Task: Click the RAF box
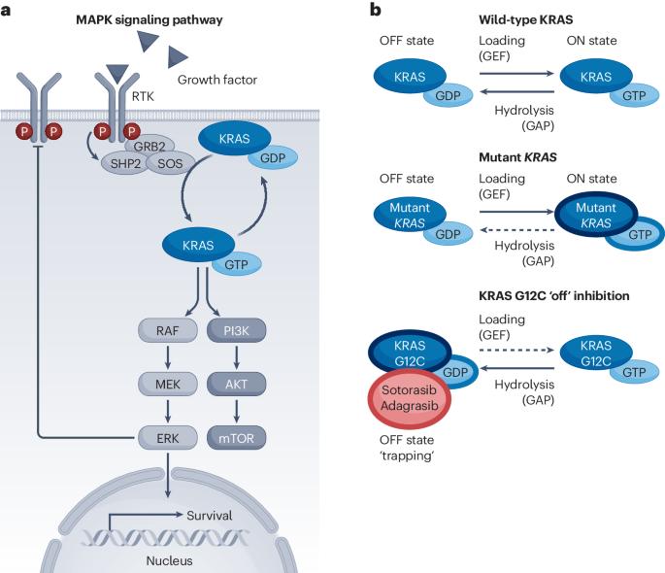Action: click(168, 330)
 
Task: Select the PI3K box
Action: click(236, 330)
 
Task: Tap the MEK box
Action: click(168, 385)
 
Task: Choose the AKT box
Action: click(236, 385)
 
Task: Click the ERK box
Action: click(168, 438)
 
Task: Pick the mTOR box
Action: click(236, 438)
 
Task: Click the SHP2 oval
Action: click(124, 163)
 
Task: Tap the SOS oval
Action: click(170, 163)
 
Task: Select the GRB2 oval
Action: click(150, 146)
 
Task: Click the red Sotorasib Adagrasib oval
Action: click(410, 398)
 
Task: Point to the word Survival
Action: click(210, 516)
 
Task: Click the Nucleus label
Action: click(169, 560)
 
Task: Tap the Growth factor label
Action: click(217, 80)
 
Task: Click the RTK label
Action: click(143, 97)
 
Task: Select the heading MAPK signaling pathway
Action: click(150, 20)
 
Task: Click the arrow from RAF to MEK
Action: click(168, 357)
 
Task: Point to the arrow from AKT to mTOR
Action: click(236, 412)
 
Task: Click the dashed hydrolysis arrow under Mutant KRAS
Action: click(517, 230)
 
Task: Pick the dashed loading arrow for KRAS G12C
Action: click(517, 350)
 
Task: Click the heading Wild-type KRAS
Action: click(526, 19)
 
